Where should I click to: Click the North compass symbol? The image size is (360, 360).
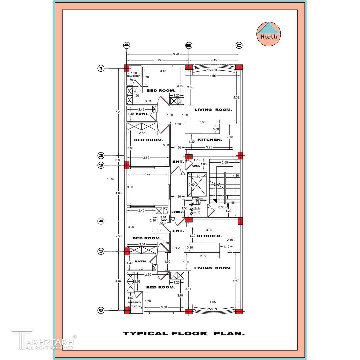(269, 34)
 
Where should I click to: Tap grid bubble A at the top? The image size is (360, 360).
(126, 45)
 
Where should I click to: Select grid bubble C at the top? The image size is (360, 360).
(239, 45)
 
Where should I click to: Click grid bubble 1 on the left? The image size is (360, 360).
(101, 68)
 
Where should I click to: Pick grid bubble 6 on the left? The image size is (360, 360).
(101, 310)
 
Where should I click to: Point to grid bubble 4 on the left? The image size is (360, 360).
(101, 221)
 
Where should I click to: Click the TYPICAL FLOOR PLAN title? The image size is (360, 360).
(184, 333)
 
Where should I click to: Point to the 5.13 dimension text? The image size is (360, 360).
(158, 60)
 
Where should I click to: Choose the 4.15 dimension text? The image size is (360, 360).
(214, 60)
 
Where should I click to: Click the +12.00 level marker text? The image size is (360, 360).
(197, 203)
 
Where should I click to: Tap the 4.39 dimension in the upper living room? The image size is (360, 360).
(236, 97)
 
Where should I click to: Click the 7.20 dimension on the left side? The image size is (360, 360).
(118, 112)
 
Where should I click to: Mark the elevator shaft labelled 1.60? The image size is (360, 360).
(197, 185)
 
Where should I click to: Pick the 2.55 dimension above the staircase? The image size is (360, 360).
(224, 163)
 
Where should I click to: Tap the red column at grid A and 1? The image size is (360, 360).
(127, 68)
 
